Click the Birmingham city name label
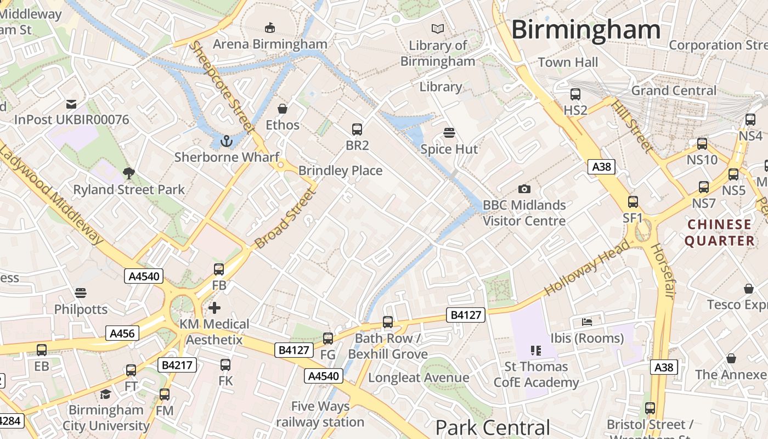coord(585,30)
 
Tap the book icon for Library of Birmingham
coord(438,29)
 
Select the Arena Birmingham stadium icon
coord(270,27)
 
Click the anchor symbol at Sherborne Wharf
coord(226,142)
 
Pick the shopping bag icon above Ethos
coord(283,109)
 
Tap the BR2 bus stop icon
coord(357,130)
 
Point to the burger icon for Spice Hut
coord(449,133)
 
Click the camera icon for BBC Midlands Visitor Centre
coord(524,189)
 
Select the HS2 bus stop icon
coord(575,94)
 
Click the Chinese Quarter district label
coord(719,233)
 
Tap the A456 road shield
coord(122,333)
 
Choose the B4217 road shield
coord(177,365)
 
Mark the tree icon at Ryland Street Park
coord(129,174)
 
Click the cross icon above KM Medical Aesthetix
coord(214,308)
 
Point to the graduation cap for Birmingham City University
coord(105,394)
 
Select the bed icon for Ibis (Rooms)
coord(587,322)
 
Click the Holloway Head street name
coord(587,268)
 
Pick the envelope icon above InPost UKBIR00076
coord(71,104)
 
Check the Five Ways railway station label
coord(320,414)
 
